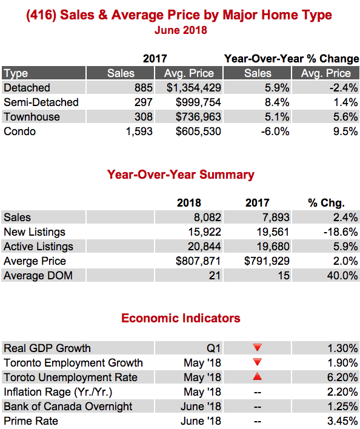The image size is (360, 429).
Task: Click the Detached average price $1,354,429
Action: pyautogui.click(x=194, y=88)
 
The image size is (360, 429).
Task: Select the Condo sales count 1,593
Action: pyautogui.click(x=139, y=131)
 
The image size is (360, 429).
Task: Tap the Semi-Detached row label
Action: pyautogui.click(x=41, y=102)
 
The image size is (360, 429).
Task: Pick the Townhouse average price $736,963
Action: pyautogui.click(x=198, y=117)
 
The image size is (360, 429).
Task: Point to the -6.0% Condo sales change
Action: pyautogui.click(x=275, y=131)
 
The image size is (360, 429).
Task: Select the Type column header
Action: pyautogui.click(x=16, y=73)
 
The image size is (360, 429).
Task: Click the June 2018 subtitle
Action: pyautogui.click(x=181, y=30)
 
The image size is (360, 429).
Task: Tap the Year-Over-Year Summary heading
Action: pyautogui.click(x=181, y=175)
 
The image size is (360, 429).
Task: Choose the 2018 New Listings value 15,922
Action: pyautogui.click(x=204, y=232)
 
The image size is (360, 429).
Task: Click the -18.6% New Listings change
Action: pyautogui.click(x=341, y=232)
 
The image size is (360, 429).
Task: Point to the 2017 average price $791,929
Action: pyautogui.click(x=267, y=261)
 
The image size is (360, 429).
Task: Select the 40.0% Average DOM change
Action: pyautogui.click(x=342, y=276)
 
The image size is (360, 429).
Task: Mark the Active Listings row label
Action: pyautogui.click(x=38, y=247)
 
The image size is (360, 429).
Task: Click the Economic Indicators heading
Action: pyautogui.click(x=181, y=318)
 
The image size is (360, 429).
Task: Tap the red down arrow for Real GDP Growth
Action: pyautogui.click(x=258, y=347)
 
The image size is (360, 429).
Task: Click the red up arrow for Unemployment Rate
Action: pyautogui.click(x=257, y=376)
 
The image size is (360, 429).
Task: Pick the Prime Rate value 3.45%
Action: pyautogui.click(x=342, y=421)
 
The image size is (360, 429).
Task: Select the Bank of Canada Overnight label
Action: pyautogui.click(x=68, y=407)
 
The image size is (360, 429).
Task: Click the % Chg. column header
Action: pyautogui.click(x=326, y=203)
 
